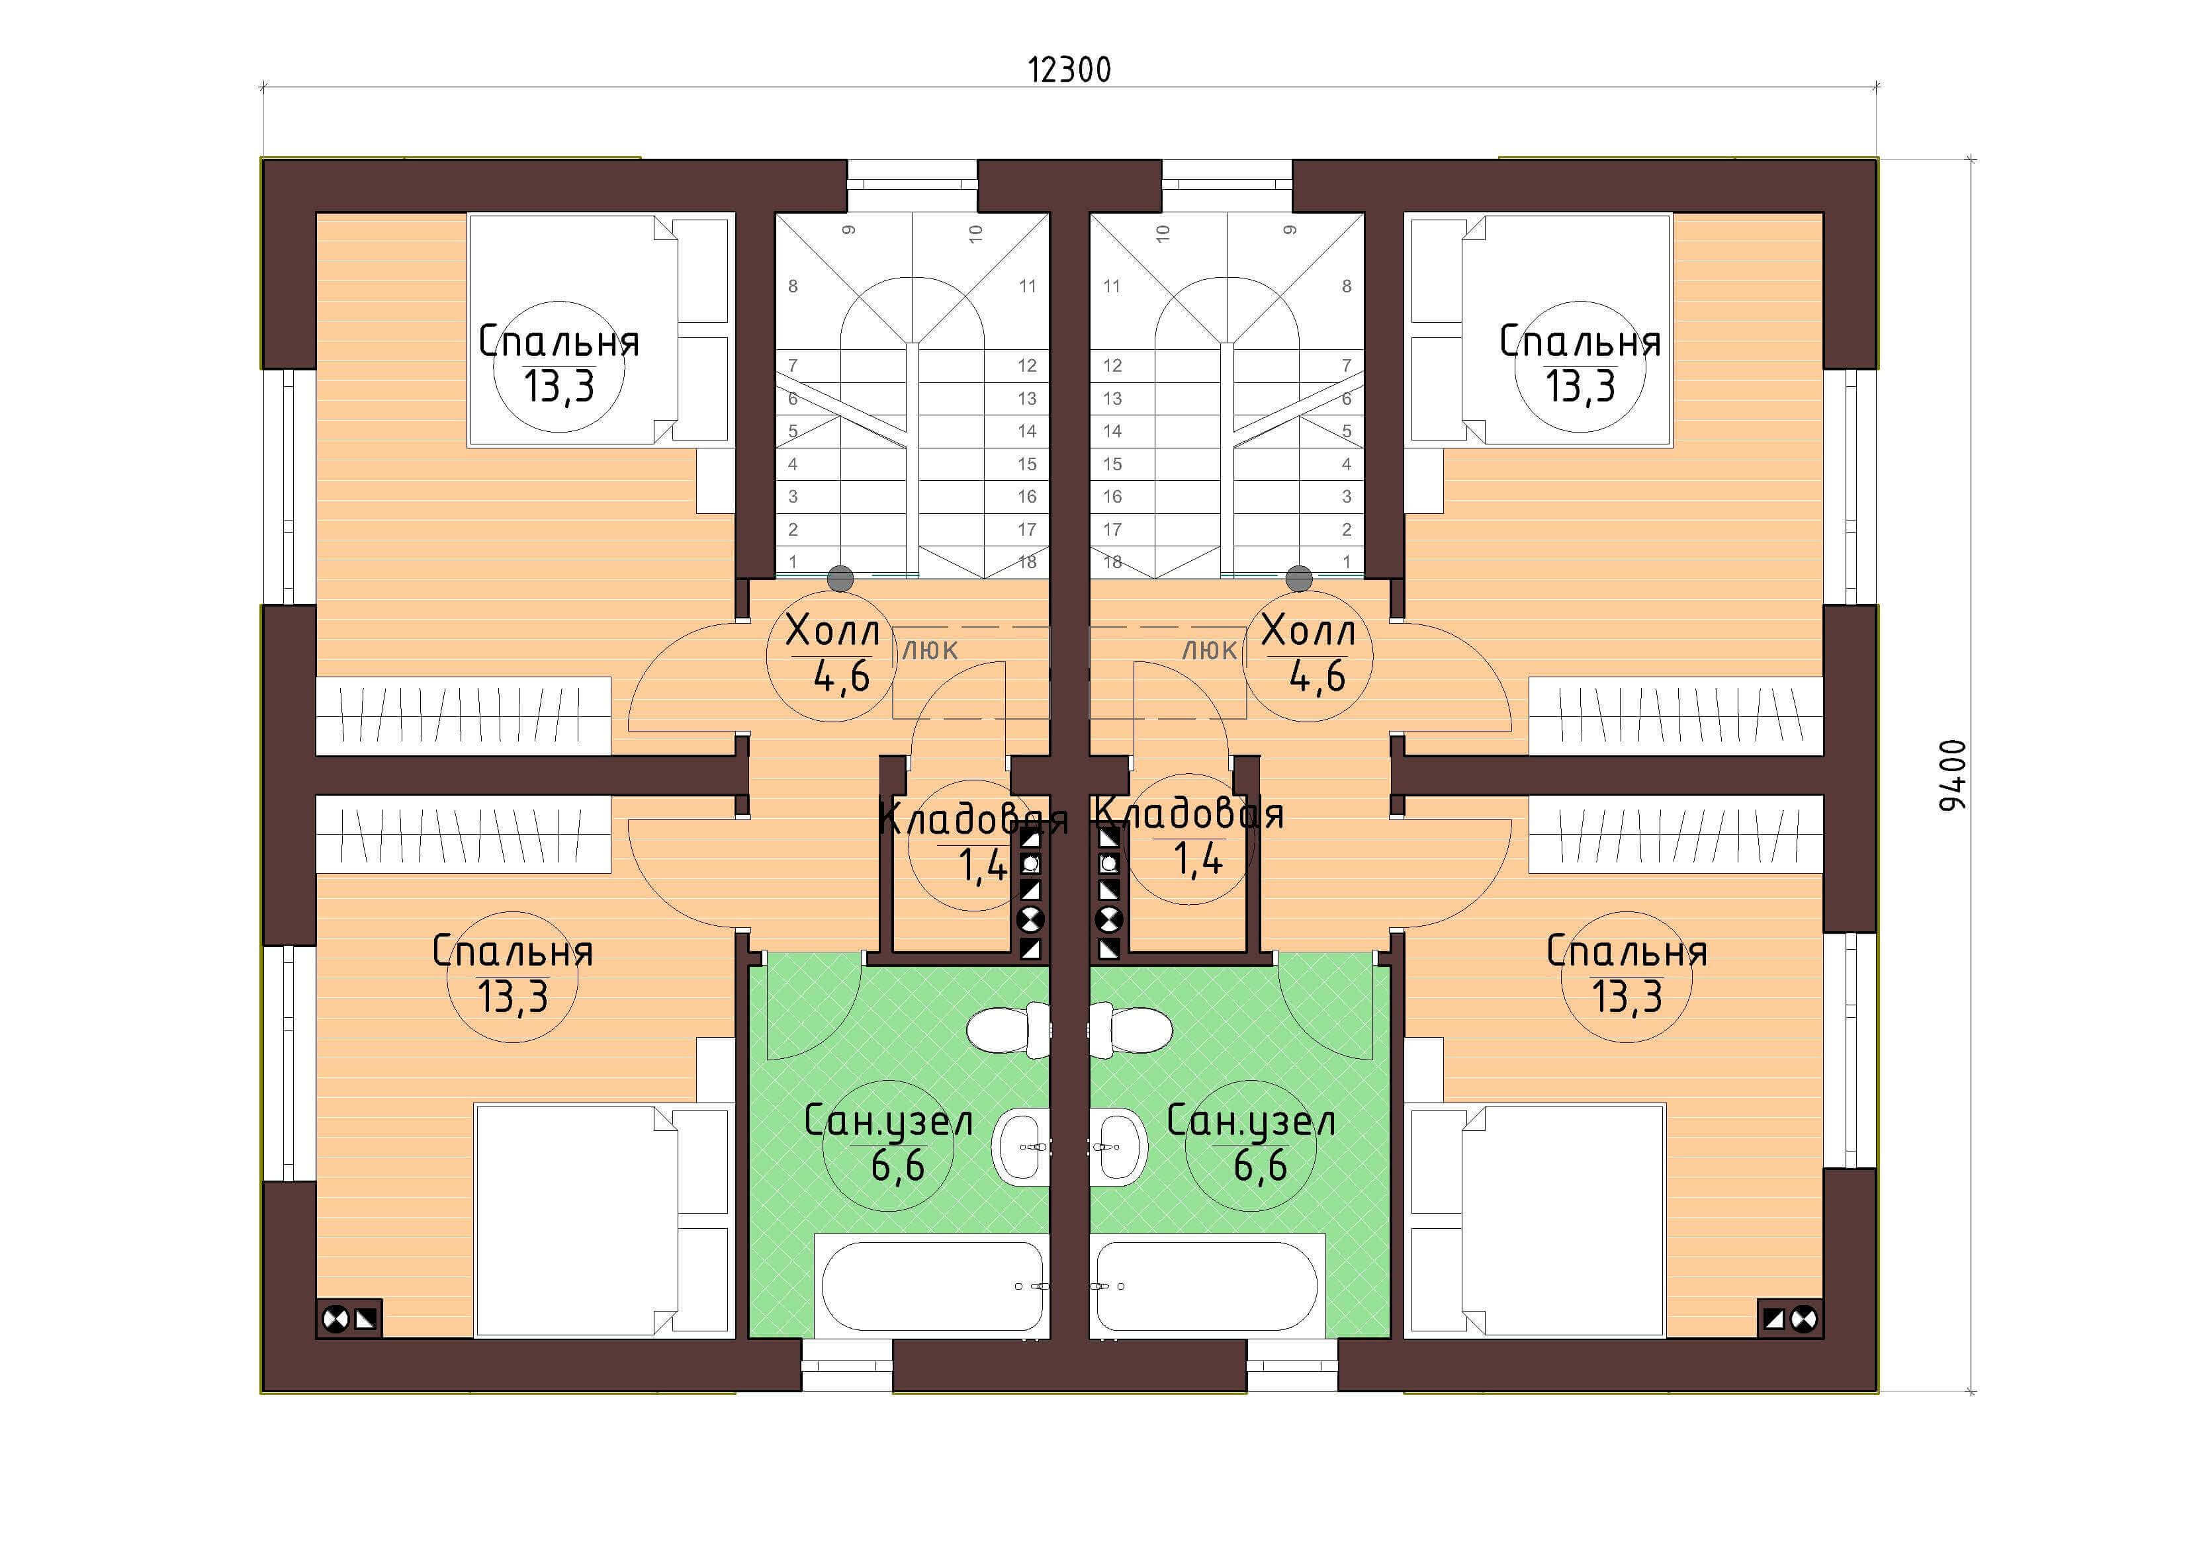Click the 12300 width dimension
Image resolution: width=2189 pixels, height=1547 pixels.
click(1069, 71)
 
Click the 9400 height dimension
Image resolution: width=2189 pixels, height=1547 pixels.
click(1953, 776)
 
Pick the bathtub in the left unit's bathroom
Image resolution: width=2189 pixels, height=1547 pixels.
click(932, 1287)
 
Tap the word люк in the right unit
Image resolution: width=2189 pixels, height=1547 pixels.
click(1209, 650)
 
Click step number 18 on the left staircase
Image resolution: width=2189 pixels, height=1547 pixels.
click(1027, 562)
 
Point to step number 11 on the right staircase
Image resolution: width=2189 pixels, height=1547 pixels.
click(1112, 286)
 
